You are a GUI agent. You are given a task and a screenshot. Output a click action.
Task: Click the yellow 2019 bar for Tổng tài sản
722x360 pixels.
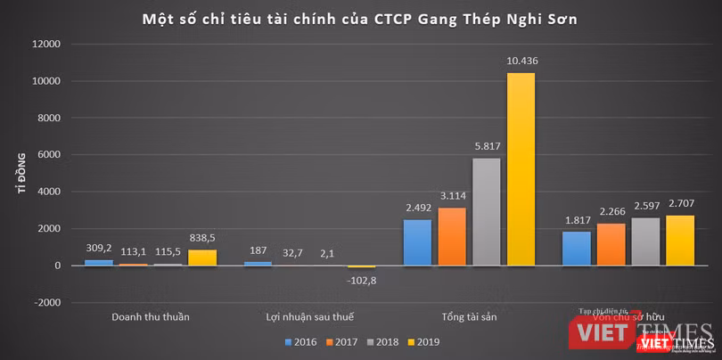(521, 169)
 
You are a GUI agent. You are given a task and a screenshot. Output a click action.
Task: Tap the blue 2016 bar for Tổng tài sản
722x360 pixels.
(417, 242)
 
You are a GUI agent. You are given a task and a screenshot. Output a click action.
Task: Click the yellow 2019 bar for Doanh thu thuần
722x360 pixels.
(201, 258)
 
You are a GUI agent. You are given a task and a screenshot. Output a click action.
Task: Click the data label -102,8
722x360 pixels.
(361, 280)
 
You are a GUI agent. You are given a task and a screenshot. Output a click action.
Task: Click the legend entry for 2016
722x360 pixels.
(303, 340)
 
